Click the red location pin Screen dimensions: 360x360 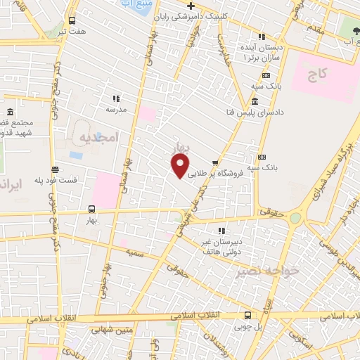click(x=181, y=166)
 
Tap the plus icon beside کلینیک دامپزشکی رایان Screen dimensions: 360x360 click(x=190, y=6)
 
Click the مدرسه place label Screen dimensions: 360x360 click(x=115, y=110)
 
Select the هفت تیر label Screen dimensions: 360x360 click(x=72, y=32)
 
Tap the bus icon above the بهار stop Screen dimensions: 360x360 click(x=92, y=209)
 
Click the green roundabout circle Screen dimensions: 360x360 click(x=295, y=218)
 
